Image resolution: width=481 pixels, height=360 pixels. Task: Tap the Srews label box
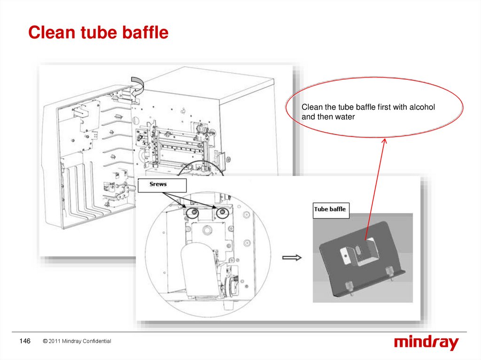click(158, 184)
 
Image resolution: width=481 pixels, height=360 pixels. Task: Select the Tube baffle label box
click(331, 209)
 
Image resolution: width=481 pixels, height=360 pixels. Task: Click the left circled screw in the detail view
click(192, 214)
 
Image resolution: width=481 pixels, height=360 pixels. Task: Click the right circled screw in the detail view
click(221, 214)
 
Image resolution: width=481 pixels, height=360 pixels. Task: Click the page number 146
click(24, 341)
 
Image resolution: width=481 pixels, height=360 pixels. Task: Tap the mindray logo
click(426, 343)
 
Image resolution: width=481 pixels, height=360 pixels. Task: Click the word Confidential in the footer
click(97, 341)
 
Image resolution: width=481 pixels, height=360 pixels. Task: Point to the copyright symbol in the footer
click(45, 341)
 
